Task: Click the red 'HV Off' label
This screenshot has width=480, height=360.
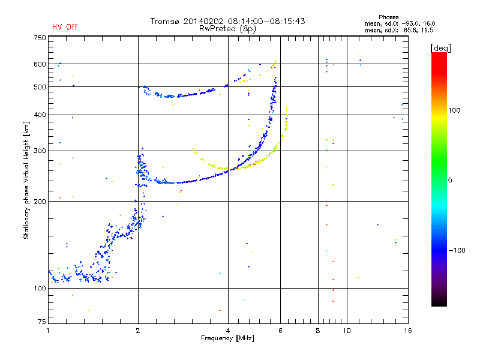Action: point(64,27)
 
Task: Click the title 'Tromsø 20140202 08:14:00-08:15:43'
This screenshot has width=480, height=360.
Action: point(228,21)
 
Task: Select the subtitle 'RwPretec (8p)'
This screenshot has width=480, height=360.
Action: point(228,28)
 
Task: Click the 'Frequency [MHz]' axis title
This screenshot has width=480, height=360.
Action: point(228,338)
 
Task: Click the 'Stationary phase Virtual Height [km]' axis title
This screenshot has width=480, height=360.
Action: point(26,180)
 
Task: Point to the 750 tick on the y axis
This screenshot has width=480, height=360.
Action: point(40,37)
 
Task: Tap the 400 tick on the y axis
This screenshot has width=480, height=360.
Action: point(40,115)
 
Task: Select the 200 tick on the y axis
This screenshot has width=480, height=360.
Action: point(40,202)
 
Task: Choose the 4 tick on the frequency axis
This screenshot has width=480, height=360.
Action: point(228,331)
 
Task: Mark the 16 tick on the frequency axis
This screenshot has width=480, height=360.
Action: point(407,331)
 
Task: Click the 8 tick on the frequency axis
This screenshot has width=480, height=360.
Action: point(318,331)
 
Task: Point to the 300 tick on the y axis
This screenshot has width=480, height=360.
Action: point(40,151)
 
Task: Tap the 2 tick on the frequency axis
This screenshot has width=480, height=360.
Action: point(138,331)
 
